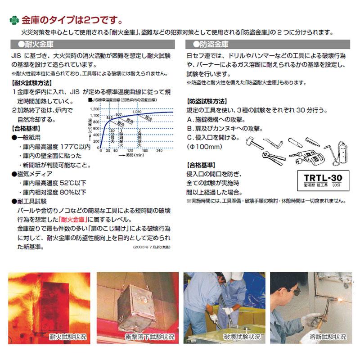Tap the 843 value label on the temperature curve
click(x=109, y=117)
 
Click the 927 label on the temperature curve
click(x=119, y=115)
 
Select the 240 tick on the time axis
click(x=159, y=151)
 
